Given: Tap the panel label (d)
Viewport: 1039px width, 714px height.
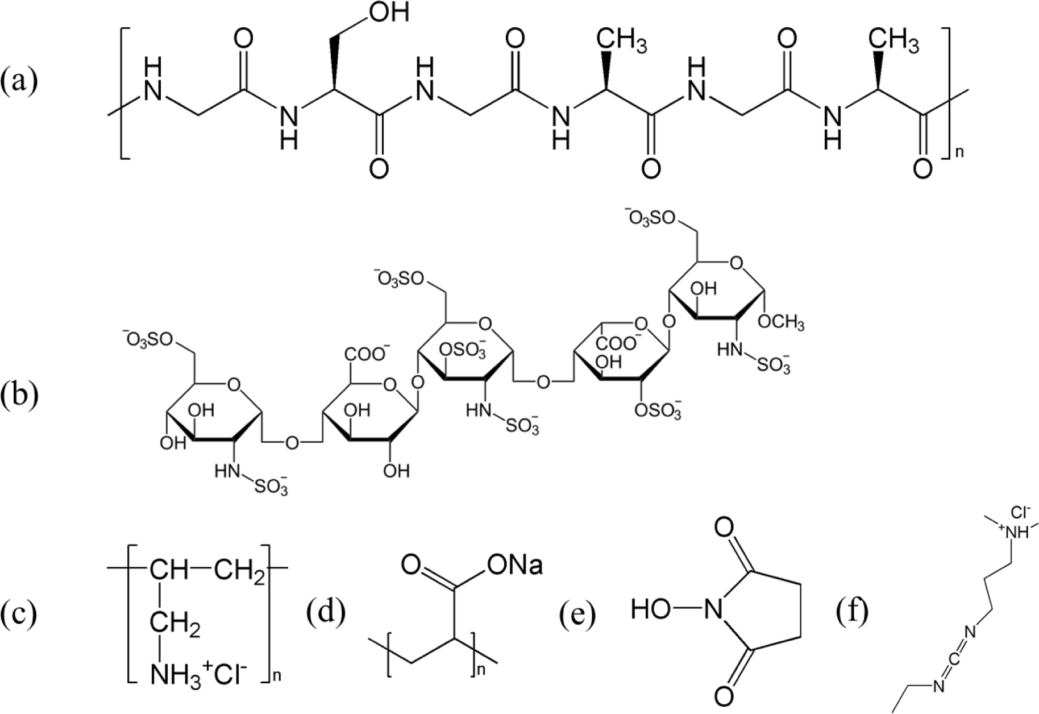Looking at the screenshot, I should pyautogui.click(x=325, y=614).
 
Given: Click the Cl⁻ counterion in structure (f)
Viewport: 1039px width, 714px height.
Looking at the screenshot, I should pyautogui.click(x=1020, y=514).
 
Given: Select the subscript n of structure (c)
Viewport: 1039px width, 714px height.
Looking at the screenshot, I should pyautogui.click(x=277, y=675).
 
